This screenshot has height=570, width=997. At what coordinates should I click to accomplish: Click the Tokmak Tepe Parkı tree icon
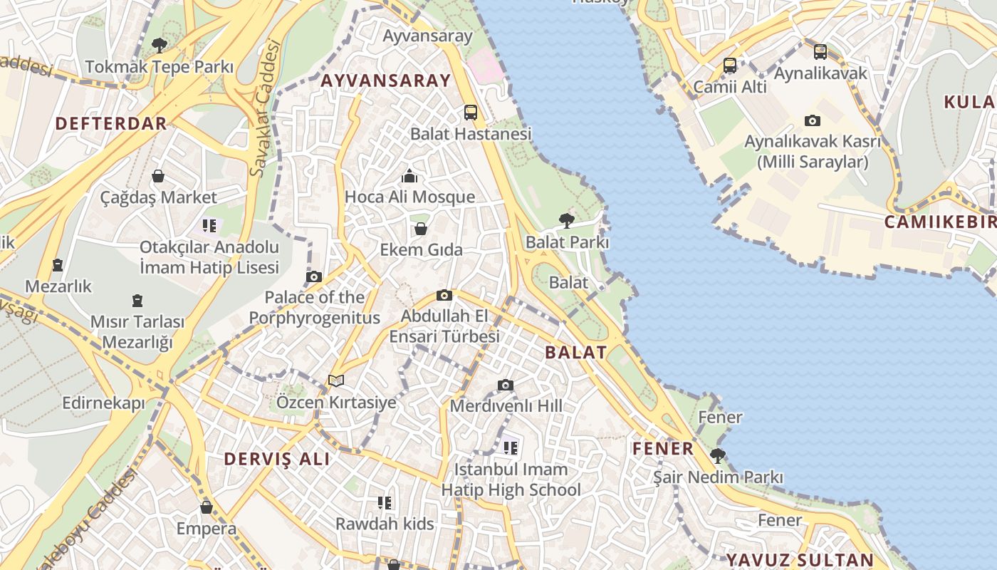pos(160,46)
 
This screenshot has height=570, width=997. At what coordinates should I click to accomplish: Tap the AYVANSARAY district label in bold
pos(386,81)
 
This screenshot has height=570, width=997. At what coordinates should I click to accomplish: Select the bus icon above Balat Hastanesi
pos(470,112)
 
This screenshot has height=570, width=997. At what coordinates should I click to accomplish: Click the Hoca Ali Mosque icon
pos(409,175)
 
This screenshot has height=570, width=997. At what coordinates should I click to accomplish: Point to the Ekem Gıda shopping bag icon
pos(421,229)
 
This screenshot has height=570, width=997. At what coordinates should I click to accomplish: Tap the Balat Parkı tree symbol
pos(567,220)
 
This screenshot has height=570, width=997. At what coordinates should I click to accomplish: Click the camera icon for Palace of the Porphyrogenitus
pos(314,276)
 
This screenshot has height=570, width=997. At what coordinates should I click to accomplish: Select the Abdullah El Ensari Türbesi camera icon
pos(444,295)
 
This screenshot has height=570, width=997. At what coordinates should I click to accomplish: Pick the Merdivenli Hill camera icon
pos(506,385)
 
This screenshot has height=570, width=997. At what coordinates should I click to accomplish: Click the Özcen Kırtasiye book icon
pos(336,381)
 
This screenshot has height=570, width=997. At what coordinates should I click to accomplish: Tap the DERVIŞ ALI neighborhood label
pos(277,459)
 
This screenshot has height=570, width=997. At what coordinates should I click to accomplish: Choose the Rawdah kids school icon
pos(385,503)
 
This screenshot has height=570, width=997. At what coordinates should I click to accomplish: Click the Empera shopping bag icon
pos(207,507)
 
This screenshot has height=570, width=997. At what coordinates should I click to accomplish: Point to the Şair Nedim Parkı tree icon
pos(718,455)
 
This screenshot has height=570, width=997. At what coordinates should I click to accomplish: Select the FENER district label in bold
pos(663,448)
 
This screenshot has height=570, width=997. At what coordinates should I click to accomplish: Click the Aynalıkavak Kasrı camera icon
pos(813,120)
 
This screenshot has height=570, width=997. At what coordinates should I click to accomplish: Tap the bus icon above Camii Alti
pos(730,66)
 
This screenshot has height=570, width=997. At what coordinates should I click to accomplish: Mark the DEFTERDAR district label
pos(111,123)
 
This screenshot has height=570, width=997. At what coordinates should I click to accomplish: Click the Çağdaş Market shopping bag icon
pos(158,175)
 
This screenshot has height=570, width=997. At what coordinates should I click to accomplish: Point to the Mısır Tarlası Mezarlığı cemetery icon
pos(137,301)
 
